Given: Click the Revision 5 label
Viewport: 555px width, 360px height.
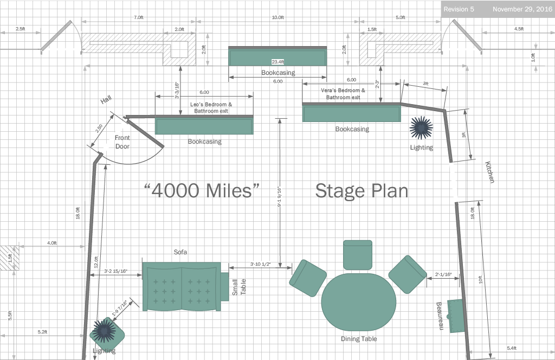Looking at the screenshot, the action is pyautogui.click(x=459, y=9).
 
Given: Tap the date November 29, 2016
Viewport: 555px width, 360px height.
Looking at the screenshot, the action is pyautogui.click(x=522, y=9).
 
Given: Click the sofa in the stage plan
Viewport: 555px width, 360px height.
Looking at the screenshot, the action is pyautogui.click(x=182, y=287).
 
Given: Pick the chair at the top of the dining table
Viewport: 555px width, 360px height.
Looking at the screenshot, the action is pyautogui.click(x=358, y=255).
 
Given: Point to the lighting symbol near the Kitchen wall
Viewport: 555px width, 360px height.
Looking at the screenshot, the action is pyautogui.click(x=421, y=127).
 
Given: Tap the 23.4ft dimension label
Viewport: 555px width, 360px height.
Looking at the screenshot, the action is pyautogui.click(x=278, y=62).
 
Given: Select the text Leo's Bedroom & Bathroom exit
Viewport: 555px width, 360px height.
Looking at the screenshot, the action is pyautogui.click(x=211, y=107).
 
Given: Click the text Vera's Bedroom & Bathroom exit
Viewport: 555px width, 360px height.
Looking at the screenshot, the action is pyautogui.click(x=343, y=94).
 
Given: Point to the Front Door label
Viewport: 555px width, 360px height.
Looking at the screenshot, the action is pyautogui.click(x=122, y=142).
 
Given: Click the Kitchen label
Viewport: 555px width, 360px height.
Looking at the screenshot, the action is pyautogui.click(x=489, y=172).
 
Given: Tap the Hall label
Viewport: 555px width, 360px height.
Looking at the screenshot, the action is pyautogui.click(x=106, y=100).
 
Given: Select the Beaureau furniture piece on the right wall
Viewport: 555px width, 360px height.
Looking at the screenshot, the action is pyautogui.click(x=455, y=316).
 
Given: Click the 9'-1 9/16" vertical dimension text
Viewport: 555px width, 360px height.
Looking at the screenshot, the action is pyautogui.click(x=279, y=196).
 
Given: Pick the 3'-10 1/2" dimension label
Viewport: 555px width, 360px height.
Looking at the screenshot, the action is pyautogui.click(x=261, y=264).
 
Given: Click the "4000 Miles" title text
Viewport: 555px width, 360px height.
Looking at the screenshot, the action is pyautogui.click(x=202, y=190).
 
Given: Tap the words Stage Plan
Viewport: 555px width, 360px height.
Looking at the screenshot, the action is pyautogui.click(x=362, y=191).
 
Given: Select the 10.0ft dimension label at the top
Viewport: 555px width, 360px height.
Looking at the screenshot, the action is pyautogui.click(x=278, y=17).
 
